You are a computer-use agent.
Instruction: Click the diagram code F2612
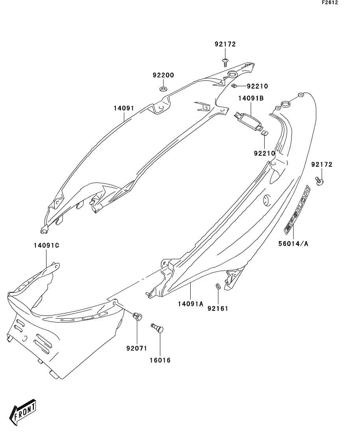(330, 2)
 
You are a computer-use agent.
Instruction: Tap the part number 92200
(163, 75)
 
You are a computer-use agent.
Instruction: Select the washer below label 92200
(163, 89)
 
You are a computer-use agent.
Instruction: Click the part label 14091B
(251, 98)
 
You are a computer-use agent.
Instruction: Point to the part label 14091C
(46, 245)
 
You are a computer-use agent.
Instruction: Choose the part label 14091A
(190, 304)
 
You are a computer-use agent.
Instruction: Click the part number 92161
(218, 308)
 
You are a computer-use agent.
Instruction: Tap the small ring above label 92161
(218, 286)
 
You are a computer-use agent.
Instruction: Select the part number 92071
(137, 348)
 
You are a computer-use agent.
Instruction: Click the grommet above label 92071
(138, 316)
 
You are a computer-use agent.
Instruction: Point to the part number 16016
(160, 360)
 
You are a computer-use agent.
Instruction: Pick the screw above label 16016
(157, 328)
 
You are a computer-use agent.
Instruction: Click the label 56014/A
(293, 244)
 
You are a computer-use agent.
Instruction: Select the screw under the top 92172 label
(225, 62)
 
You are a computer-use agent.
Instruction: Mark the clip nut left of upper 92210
(234, 86)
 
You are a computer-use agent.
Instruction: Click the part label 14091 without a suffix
(124, 108)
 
